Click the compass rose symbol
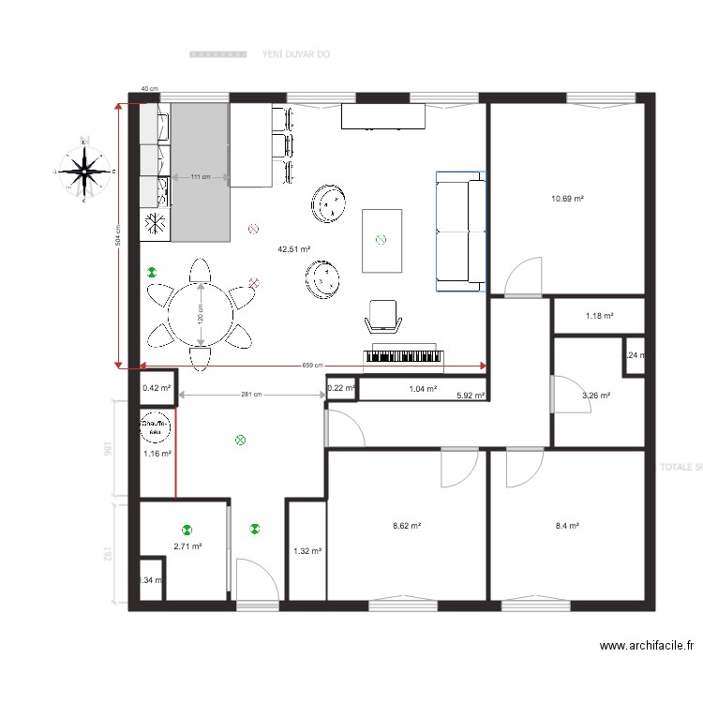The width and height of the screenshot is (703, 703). point(84,171)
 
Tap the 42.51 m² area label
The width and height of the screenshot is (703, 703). point(293,249)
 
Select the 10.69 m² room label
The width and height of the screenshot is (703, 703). point(567,199)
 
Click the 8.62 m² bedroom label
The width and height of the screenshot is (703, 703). point(406,527)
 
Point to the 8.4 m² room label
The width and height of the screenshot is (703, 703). point(567,527)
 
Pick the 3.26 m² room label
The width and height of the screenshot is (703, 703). point(596,396)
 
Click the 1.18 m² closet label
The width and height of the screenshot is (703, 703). point(599,316)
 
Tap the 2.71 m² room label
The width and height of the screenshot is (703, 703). point(187,546)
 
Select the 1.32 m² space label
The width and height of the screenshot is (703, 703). point(307,551)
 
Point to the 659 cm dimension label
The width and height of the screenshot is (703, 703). point(312,366)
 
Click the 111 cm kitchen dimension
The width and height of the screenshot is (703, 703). point(200,176)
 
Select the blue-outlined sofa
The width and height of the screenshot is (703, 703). point(459,232)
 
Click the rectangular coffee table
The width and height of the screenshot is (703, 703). point(381,240)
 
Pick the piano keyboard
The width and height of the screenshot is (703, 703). point(402,355)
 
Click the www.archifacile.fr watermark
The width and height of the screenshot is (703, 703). point(648,646)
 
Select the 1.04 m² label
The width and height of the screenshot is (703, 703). point(423,388)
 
